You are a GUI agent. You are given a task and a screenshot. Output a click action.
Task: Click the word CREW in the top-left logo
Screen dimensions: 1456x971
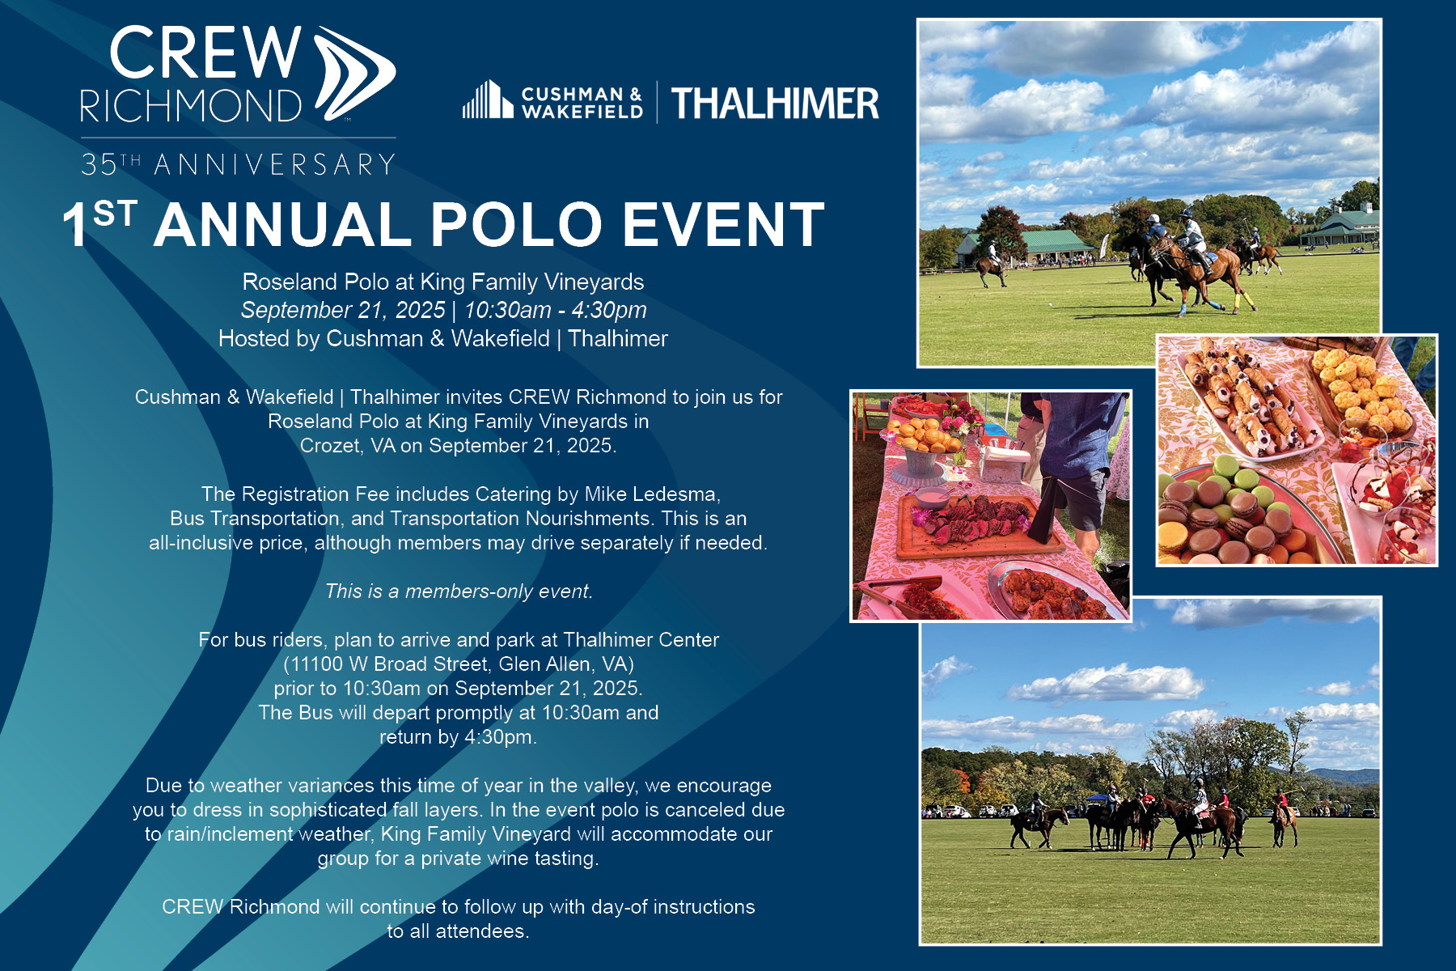[x=205, y=53]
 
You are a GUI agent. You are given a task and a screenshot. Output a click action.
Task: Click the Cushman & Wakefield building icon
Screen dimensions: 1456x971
[x=487, y=100]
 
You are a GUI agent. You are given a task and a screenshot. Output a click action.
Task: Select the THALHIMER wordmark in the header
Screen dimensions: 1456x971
[x=775, y=104]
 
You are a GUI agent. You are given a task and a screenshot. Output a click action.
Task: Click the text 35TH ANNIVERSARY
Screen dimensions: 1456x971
[x=238, y=164]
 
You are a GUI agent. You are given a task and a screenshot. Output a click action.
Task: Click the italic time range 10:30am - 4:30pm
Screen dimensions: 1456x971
[x=555, y=310]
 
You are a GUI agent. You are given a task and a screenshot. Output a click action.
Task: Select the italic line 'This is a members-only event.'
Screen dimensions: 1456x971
[x=459, y=592]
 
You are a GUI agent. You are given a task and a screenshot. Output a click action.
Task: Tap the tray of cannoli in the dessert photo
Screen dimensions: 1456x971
[x=1246, y=396]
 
